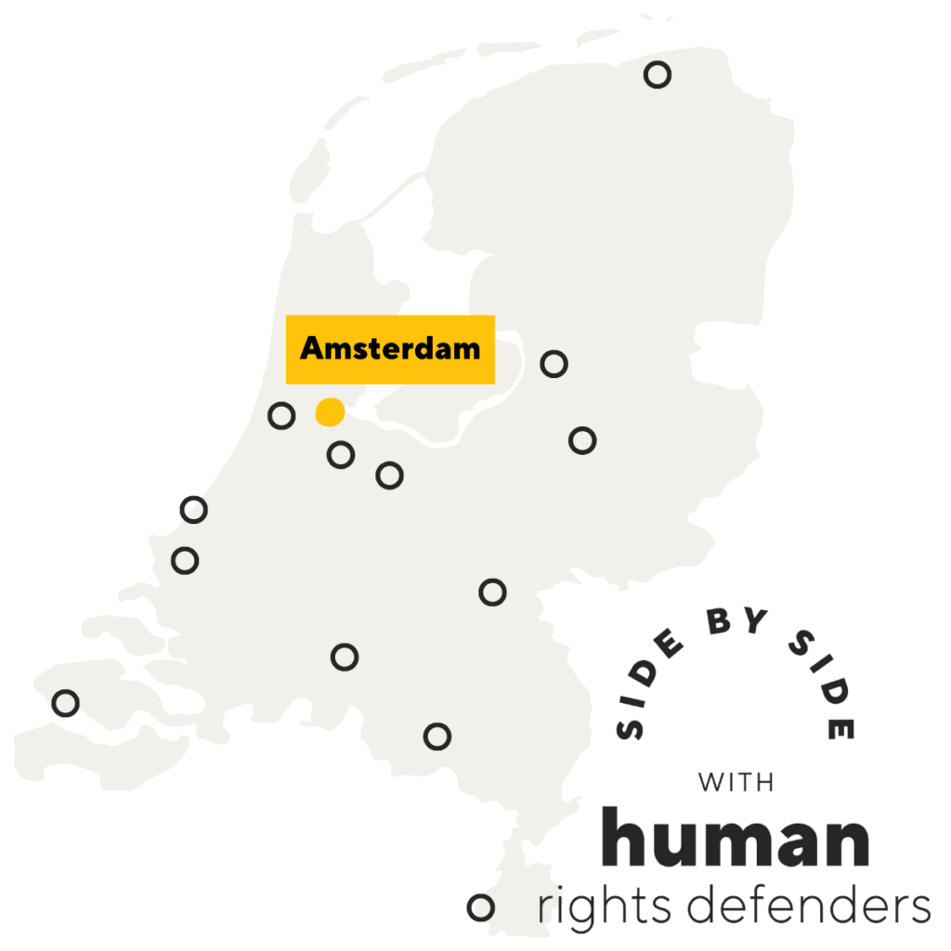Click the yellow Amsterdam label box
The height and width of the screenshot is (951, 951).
pyautogui.click(x=390, y=349)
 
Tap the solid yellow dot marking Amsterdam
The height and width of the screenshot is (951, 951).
pyautogui.click(x=330, y=411)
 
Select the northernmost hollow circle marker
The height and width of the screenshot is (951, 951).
pyautogui.click(x=658, y=75)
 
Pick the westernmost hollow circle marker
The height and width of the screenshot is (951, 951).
pyautogui.click(x=66, y=703)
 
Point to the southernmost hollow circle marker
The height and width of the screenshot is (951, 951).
pyautogui.click(x=480, y=906)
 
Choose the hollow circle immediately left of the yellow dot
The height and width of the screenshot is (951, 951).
pyautogui.click(x=281, y=415)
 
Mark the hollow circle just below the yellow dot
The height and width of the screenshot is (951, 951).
pyautogui.click(x=341, y=455)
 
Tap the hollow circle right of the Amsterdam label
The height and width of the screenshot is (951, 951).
pyautogui.click(x=554, y=364)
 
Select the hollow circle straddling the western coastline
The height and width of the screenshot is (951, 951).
pyautogui.click(x=193, y=509)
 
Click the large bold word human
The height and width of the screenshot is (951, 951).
pyautogui.click(x=736, y=838)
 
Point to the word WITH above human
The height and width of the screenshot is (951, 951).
pyautogui.click(x=736, y=782)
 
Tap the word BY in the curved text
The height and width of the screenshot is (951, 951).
pyautogui.click(x=736, y=626)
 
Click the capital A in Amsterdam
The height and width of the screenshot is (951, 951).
pyautogui.click(x=312, y=349)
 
